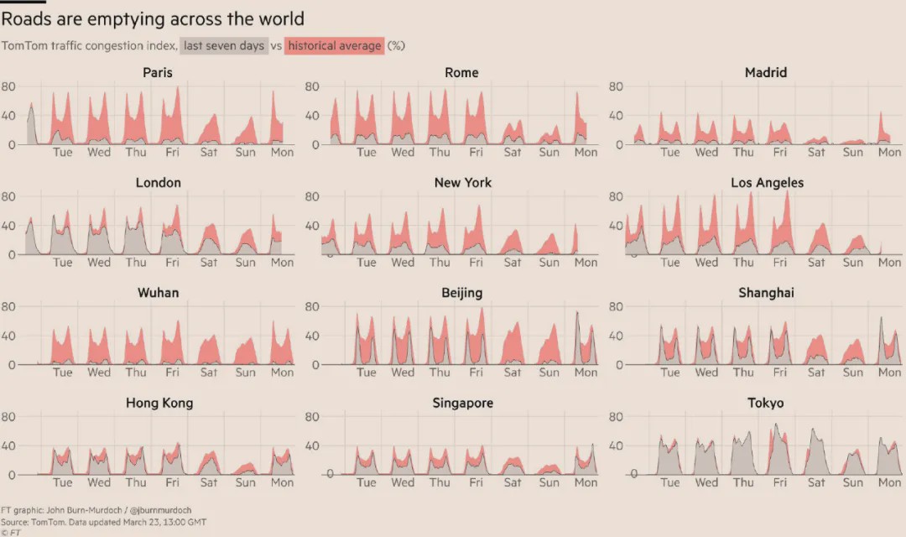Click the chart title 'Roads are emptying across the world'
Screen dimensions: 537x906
point(153,18)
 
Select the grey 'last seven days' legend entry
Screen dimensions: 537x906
point(225,46)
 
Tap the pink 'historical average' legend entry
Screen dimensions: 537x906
point(335,46)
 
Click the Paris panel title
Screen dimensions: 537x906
point(158,73)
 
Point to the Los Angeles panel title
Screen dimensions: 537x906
point(767,183)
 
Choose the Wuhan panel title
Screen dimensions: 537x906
point(158,293)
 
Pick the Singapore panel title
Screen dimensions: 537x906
point(462,403)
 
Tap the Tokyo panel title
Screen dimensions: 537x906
point(766,403)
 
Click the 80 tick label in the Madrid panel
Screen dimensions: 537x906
point(616,86)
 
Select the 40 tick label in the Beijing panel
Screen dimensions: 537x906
point(312,336)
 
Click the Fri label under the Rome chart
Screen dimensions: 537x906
point(476,152)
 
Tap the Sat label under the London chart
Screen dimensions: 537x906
point(209,262)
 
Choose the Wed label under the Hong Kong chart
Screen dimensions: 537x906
point(99,482)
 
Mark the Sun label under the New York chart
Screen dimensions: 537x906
point(549,262)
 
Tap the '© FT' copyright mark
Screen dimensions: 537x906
point(11,532)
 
